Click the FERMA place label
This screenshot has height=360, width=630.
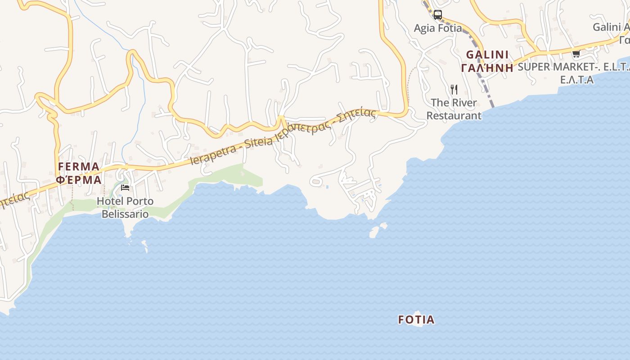[x=78, y=167]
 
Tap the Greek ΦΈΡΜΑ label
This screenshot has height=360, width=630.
[x=78, y=180]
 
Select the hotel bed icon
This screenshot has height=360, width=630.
[x=125, y=187]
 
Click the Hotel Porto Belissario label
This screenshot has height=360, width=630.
[x=125, y=207]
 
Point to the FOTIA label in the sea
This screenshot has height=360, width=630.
[x=416, y=319]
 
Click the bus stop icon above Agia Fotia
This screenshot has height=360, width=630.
[x=437, y=15]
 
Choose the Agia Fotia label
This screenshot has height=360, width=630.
[x=438, y=28]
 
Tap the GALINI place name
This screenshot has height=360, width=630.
[x=487, y=55]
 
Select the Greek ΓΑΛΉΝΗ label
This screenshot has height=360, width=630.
[x=487, y=68]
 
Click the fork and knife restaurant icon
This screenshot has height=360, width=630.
[x=454, y=90]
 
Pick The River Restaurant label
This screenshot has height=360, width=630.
[x=454, y=109]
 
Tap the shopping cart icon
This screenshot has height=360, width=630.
[x=576, y=54]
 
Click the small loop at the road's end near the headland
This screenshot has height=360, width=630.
[x=315, y=182]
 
